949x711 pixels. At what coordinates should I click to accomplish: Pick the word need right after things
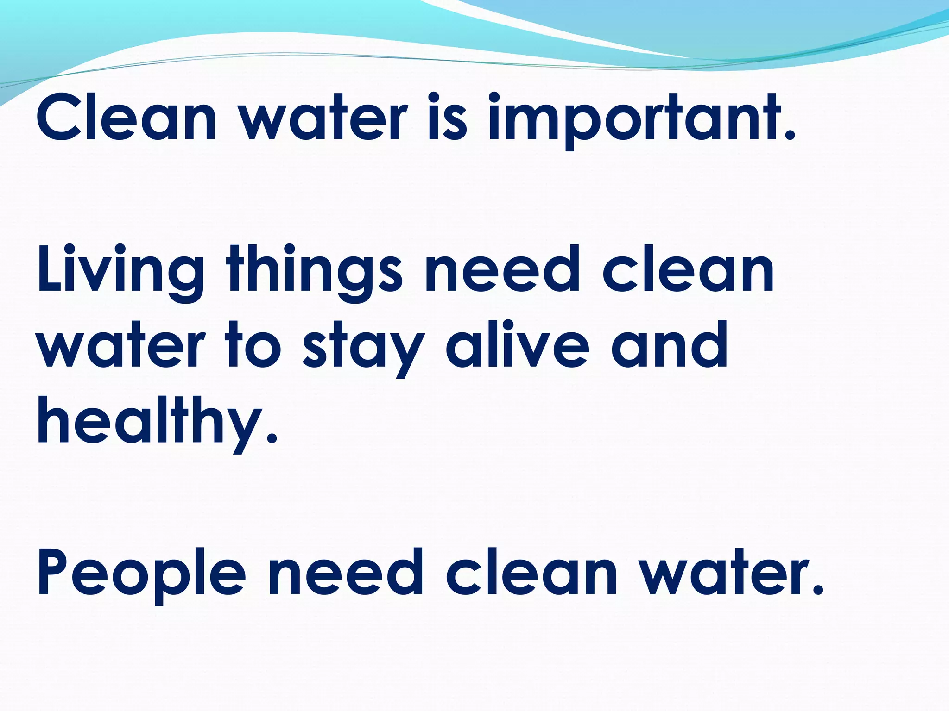coord(503,271)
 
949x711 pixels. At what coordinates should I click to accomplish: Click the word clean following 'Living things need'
coord(688,271)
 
